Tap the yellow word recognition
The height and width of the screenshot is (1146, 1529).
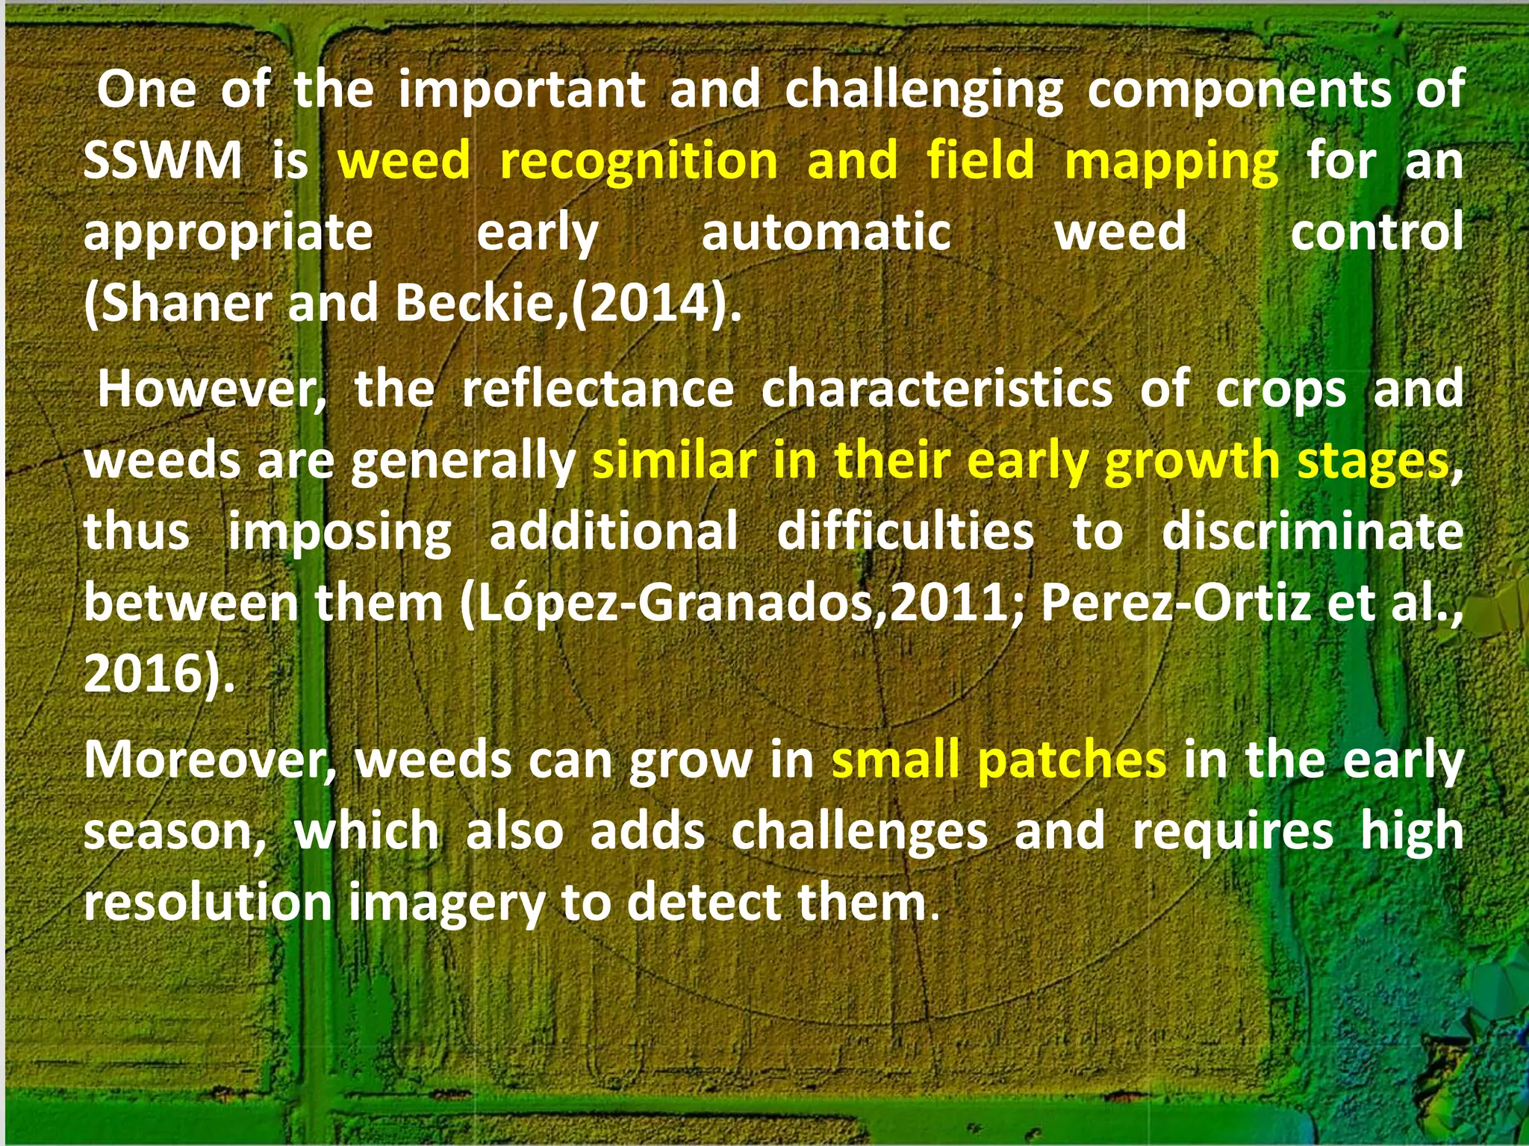638,161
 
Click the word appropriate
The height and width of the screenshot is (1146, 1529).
228,233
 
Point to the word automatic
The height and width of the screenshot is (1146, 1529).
826,231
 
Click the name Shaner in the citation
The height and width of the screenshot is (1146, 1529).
186,303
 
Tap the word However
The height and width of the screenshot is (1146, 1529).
211,389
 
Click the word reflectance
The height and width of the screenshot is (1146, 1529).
598,389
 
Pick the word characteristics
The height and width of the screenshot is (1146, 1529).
936,389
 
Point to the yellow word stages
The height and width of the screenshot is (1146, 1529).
1373,460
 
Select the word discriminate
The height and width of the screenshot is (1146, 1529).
1312,531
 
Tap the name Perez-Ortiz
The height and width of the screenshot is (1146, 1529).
1176,603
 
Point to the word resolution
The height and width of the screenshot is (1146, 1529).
208,902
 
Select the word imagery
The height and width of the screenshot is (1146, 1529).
446,904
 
